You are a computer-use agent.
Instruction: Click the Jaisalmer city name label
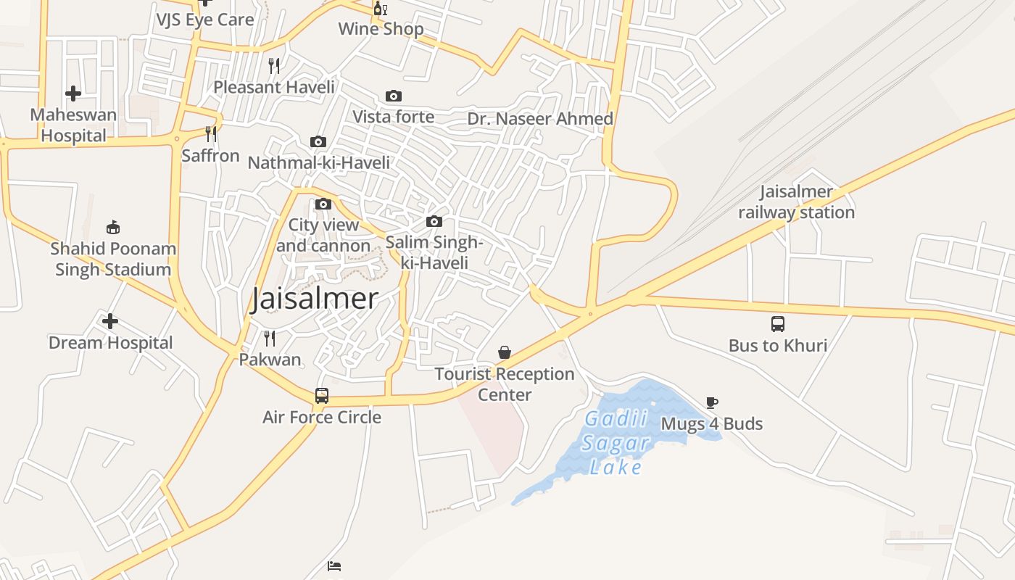315,299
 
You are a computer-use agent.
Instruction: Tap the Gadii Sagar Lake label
616,443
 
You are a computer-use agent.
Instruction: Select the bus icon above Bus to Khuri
778,323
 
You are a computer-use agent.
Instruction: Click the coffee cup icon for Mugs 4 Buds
712,402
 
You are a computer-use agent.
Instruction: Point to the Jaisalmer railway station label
796,202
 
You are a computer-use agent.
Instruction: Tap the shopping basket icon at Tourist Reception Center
505,352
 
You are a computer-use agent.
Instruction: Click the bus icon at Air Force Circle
322,396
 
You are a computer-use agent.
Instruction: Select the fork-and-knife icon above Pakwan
270,338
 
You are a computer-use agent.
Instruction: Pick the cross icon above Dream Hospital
110,321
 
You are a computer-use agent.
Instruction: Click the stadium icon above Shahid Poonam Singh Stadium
112,228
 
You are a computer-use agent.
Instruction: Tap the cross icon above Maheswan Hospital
72,94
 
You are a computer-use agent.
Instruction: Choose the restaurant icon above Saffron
210,134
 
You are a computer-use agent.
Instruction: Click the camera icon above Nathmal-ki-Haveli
318,141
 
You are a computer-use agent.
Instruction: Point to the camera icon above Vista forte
394,96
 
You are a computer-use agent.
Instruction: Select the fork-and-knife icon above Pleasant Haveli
274,66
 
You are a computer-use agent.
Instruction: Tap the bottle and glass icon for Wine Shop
381,9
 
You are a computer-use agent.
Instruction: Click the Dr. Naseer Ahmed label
540,119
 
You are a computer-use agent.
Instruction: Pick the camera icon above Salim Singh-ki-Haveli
434,221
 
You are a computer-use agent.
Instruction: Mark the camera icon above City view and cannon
323,204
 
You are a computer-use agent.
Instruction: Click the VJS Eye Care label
205,20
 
